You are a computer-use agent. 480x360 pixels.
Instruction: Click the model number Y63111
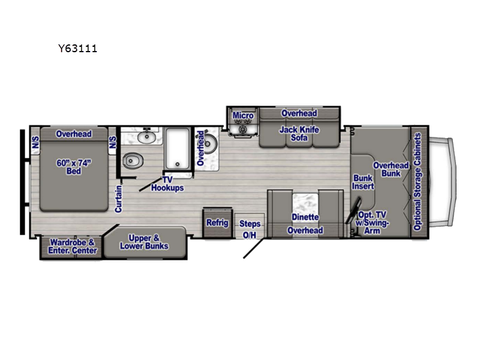click(x=78, y=49)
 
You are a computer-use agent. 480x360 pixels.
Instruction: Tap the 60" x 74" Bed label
click(x=74, y=167)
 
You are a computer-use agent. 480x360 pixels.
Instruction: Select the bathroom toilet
click(x=133, y=160)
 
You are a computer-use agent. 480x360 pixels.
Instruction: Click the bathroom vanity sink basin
click(x=146, y=137)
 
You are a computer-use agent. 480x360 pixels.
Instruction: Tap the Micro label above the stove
click(x=243, y=115)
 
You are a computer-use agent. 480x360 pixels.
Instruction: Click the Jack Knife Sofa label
click(x=299, y=134)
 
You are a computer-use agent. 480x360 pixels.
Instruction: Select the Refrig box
click(x=217, y=223)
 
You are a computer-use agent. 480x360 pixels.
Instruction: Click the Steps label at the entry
click(x=250, y=224)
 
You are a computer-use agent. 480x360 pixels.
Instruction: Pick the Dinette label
click(x=305, y=217)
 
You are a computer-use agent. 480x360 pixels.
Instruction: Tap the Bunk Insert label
click(x=363, y=182)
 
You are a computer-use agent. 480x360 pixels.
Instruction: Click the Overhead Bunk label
click(x=391, y=169)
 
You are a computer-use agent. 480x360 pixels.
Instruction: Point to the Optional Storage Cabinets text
click(x=418, y=182)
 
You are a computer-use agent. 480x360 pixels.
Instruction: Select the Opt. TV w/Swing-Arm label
click(x=372, y=223)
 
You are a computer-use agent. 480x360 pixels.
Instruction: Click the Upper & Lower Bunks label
click(x=144, y=242)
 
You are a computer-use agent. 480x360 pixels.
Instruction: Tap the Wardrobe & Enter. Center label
click(x=72, y=247)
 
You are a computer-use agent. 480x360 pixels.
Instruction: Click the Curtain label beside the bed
click(x=118, y=199)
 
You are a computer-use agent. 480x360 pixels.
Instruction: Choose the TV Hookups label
click(x=167, y=184)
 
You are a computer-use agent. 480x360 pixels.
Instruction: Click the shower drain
click(x=177, y=164)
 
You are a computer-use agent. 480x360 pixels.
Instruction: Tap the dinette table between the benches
click(x=305, y=203)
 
